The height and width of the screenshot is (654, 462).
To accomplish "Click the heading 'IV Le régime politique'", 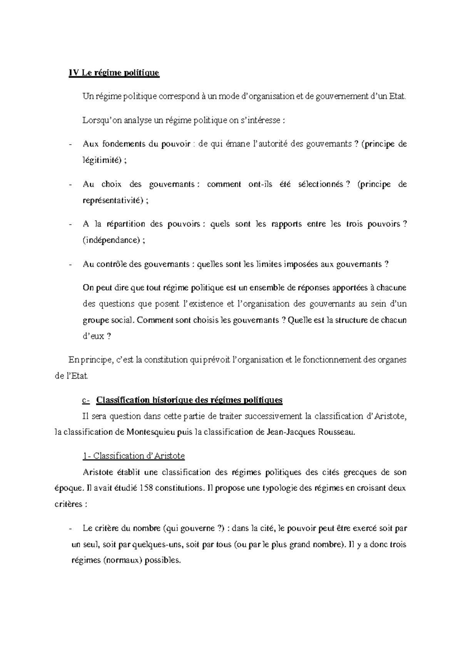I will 114,73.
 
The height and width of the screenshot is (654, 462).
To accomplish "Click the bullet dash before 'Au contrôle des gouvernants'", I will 70,265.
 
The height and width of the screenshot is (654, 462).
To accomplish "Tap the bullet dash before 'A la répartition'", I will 70,224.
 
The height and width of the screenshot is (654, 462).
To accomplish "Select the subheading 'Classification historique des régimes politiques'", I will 189,400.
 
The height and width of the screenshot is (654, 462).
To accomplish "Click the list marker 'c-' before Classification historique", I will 86,400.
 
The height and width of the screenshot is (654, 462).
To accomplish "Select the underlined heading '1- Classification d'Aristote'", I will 134,456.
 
